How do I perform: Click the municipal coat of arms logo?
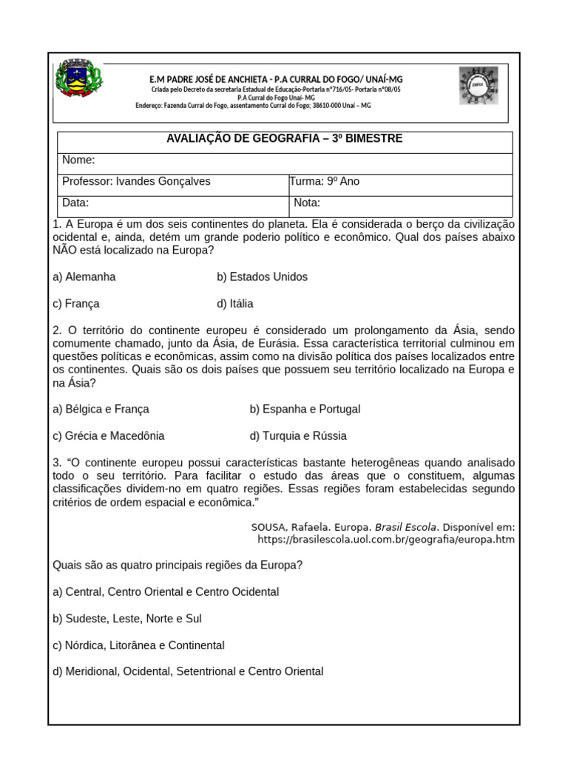coord(78,79)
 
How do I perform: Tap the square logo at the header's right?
coord(478,85)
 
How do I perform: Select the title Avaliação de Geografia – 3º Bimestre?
coord(285,139)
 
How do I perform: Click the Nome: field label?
coord(78,160)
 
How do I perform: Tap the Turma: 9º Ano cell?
coord(325,181)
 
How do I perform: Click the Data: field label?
coord(75,203)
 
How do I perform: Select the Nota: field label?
coord(307,203)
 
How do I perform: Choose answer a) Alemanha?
coord(84,277)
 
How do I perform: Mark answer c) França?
coord(76,304)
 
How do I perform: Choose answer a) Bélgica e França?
coord(101,409)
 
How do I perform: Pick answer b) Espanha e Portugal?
coord(305,409)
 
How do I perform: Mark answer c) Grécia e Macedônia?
coord(109,435)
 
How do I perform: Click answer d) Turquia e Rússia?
coord(298,435)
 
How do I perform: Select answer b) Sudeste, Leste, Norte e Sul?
coord(127,618)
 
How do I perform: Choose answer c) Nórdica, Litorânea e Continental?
coord(138,645)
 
